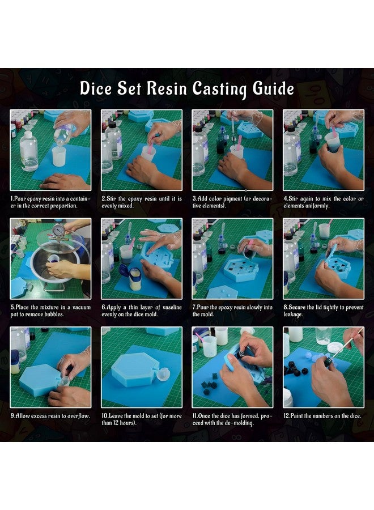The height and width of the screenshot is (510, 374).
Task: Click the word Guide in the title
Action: pyautogui.click(x=273, y=88)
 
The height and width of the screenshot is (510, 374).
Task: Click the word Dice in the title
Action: pyautogui.click(x=96, y=88)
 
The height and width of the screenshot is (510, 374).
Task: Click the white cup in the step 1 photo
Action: pyautogui.click(x=59, y=156)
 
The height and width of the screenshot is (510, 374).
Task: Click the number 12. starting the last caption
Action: pyautogui.click(x=287, y=416)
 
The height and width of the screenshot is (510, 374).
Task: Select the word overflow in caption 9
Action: pyautogui.click(x=78, y=416)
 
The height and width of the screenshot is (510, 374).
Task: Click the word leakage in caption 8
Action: pyautogui.click(x=293, y=314)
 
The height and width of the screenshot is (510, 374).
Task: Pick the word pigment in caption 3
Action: pyautogui.click(x=233, y=199)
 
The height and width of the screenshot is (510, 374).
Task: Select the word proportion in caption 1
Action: pyautogui.click(x=65, y=206)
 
